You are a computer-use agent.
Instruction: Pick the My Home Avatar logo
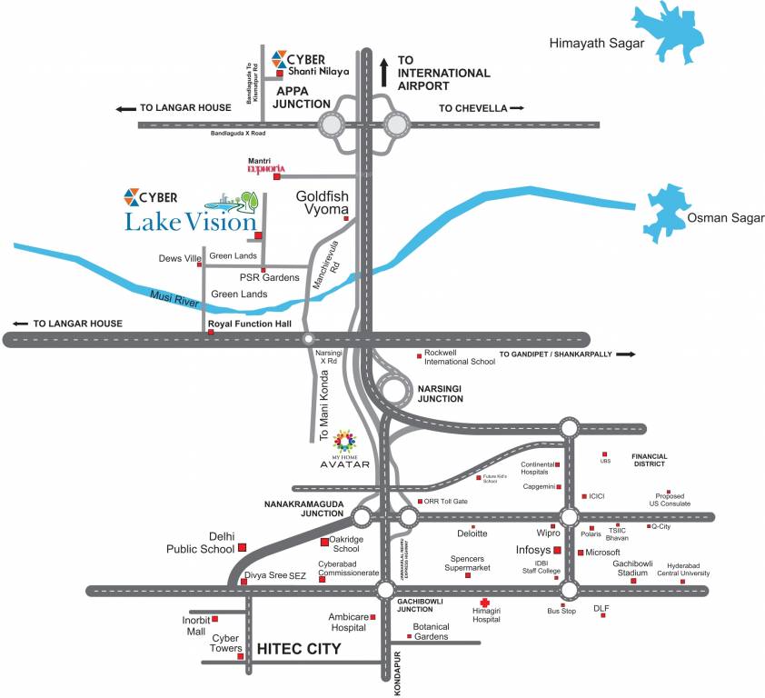[x=345, y=443]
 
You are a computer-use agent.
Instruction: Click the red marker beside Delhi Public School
[x=243, y=548]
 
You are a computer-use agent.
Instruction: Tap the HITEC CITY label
[x=299, y=649]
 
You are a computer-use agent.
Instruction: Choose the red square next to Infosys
[x=557, y=550]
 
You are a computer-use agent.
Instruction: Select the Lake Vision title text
[x=192, y=221]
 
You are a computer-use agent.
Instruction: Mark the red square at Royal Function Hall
[x=211, y=333]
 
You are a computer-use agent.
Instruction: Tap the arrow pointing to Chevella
[x=517, y=108]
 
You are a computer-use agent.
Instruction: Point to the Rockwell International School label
[x=460, y=356]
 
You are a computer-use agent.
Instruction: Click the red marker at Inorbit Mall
[x=214, y=619]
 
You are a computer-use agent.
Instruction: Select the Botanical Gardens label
[x=432, y=632]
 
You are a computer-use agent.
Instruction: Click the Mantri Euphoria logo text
[x=267, y=169]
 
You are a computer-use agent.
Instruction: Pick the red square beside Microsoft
[x=581, y=552]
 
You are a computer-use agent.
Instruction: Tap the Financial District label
[x=650, y=461]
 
